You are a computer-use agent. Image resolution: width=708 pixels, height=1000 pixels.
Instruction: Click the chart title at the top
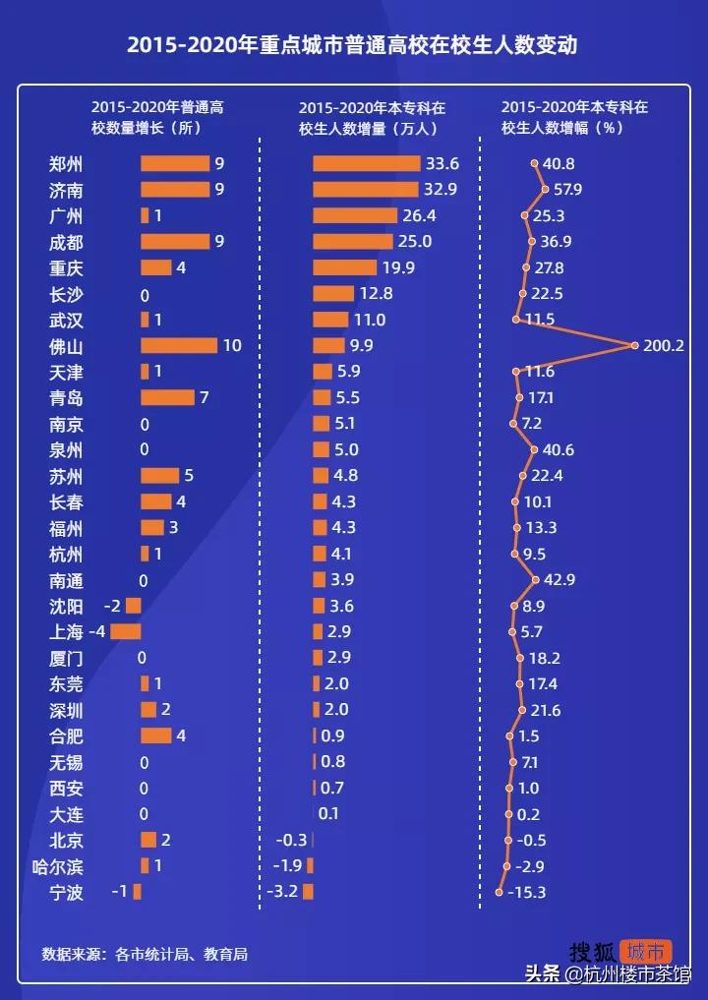point(353,45)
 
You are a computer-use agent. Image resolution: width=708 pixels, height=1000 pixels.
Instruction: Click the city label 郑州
point(66,164)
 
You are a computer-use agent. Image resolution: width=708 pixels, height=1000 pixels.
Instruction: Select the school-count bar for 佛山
point(178,345)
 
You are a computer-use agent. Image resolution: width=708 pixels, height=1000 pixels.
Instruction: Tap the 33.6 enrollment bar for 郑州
point(366,163)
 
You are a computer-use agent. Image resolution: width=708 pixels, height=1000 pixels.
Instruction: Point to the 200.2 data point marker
point(635,345)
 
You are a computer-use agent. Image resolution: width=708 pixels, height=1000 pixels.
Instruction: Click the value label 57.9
point(568,190)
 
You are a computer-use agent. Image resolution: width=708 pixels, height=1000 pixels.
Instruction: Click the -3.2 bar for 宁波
point(308,892)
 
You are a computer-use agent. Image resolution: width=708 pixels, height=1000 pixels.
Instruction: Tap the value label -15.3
point(526,893)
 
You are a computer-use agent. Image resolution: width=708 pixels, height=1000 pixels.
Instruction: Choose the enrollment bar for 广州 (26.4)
point(355,215)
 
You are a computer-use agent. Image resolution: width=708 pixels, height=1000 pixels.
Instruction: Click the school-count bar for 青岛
point(167,397)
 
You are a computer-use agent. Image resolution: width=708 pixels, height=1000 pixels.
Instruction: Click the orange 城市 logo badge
point(647,952)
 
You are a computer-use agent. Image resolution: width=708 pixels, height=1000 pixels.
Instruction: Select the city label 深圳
point(66,710)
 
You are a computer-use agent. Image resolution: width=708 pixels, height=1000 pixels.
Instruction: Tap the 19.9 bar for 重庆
point(344,267)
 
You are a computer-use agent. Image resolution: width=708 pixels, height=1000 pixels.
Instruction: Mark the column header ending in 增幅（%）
point(574,117)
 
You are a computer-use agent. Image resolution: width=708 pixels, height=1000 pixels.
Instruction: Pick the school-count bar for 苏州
point(159,476)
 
